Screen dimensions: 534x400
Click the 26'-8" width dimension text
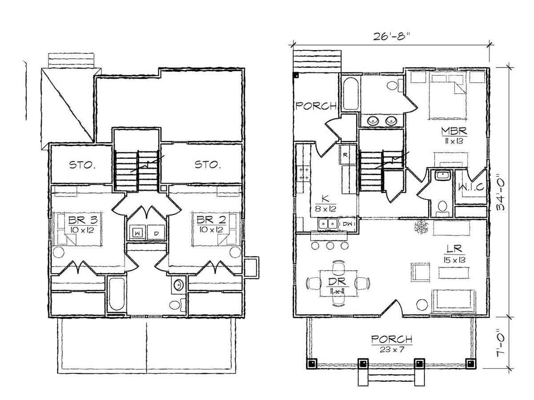pyautogui.click(x=391, y=37)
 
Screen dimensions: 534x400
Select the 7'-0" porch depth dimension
pyautogui.click(x=502, y=342)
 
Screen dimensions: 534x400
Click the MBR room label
pyautogui.click(x=454, y=131)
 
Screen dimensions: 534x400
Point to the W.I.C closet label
pyautogui.click(x=471, y=187)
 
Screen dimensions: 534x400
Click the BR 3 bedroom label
pyautogui.click(x=83, y=220)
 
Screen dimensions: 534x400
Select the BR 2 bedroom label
pyautogui.click(x=211, y=220)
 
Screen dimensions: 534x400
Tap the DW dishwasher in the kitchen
pyautogui.click(x=348, y=224)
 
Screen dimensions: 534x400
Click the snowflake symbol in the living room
pyautogui.click(x=421, y=227)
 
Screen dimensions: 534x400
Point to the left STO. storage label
pyautogui.click(x=82, y=165)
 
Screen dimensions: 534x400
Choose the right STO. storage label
pyautogui.click(x=208, y=164)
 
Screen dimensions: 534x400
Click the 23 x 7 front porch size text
pyautogui.click(x=392, y=349)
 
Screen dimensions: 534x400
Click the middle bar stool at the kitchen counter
pyautogui.click(x=330, y=246)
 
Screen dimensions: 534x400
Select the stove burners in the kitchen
pyautogui.click(x=304, y=173)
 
